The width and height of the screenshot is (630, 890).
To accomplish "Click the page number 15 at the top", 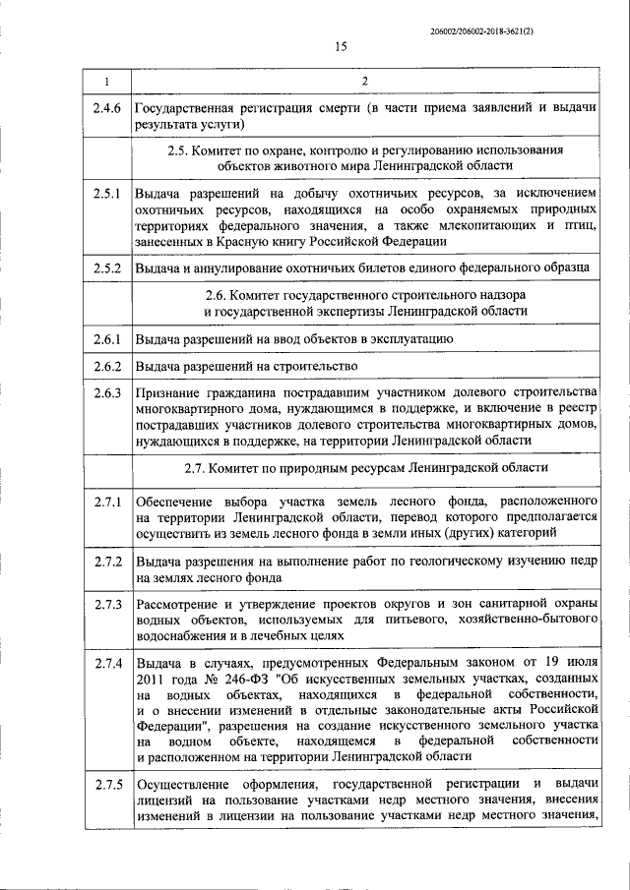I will [341, 46].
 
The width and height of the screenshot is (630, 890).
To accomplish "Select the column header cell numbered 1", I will [106, 80].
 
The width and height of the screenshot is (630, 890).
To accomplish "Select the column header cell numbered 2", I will [365, 80].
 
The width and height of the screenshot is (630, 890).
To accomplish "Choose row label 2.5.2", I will [106, 267].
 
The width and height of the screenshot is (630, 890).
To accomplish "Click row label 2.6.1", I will [106, 340].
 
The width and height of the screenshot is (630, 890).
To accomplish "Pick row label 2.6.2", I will [106, 367].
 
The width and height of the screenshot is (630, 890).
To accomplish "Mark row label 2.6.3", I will [106, 394].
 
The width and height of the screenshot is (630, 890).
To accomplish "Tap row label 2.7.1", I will [106, 503].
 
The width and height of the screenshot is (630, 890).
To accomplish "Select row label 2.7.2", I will [106, 562].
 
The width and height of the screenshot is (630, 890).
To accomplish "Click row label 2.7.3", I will [106, 604].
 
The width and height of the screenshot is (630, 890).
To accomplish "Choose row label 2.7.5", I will [106, 784].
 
